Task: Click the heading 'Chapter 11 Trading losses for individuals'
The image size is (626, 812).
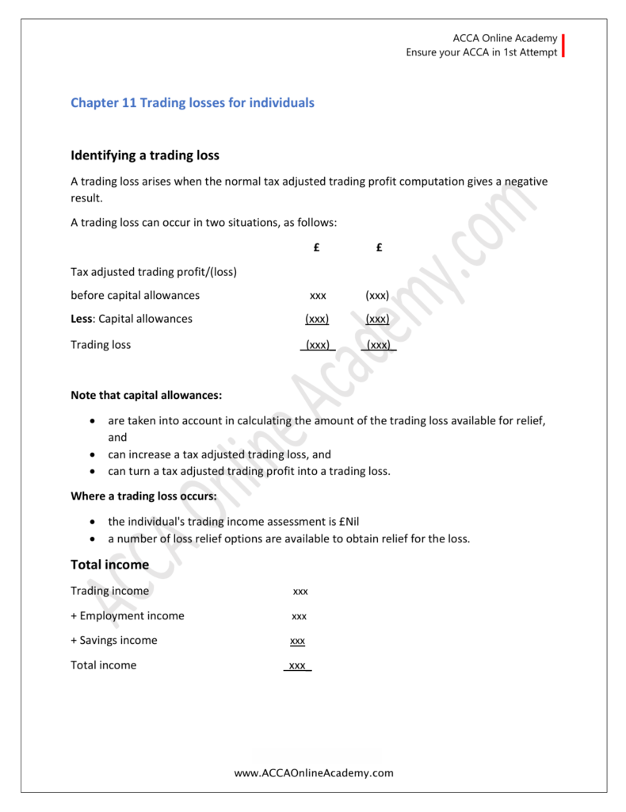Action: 193,103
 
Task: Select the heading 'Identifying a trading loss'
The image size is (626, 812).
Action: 145,155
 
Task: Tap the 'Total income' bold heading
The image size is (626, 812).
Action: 109,565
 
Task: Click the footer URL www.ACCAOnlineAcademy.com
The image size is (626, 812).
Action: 314,772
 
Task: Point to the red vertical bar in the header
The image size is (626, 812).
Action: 563,45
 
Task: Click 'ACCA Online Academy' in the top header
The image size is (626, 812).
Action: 505,38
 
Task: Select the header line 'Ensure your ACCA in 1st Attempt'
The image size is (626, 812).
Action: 482,52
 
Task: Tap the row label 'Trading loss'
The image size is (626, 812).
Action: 101,345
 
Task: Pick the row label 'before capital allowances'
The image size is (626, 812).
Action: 135,296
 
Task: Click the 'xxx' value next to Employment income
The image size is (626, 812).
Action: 300,616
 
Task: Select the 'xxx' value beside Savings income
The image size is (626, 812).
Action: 298,641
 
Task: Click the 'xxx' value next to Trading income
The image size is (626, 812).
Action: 300,592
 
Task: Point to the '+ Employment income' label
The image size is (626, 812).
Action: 127,616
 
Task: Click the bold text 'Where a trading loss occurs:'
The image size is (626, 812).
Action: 143,496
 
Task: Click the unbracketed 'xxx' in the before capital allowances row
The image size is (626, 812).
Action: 318,296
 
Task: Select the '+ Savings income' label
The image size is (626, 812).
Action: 114,641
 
